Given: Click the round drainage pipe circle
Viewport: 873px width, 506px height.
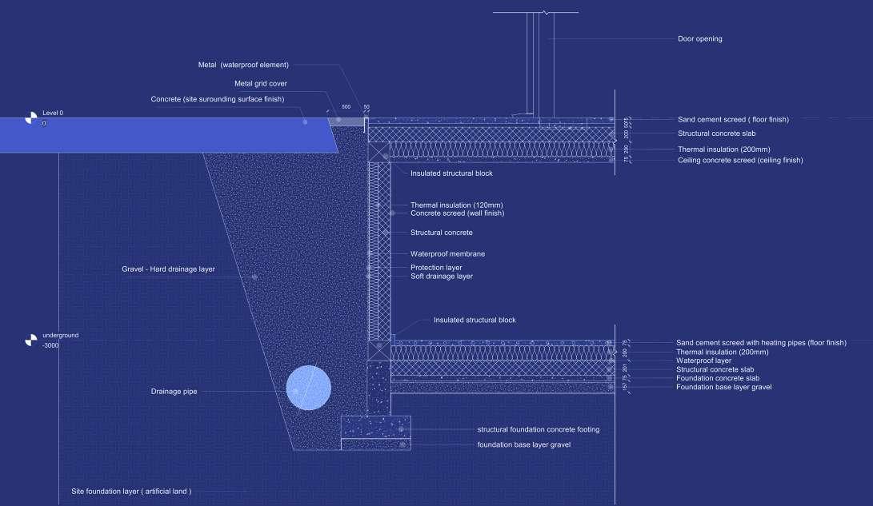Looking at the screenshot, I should tap(309, 388).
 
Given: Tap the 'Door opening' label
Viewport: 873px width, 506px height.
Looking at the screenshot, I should tap(699, 38).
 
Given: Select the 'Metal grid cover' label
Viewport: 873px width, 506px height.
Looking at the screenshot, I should tap(260, 83).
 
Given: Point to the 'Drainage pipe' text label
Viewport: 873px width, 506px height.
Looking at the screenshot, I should tap(174, 392).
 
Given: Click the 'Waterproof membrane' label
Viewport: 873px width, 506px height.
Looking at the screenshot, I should tap(447, 254).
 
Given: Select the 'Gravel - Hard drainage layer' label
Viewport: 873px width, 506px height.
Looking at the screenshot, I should tap(168, 269).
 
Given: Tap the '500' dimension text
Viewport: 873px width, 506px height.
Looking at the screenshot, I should tap(346, 106).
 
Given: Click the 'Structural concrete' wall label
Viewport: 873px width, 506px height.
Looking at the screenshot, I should tap(441, 233).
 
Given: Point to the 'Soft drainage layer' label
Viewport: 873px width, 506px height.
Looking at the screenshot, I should tap(441, 277).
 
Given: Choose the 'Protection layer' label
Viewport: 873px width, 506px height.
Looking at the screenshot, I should tap(436, 268).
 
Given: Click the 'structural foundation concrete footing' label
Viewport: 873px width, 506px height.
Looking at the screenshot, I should tap(538, 429).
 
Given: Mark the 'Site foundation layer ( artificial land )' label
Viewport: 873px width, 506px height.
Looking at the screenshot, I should tap(131, 491).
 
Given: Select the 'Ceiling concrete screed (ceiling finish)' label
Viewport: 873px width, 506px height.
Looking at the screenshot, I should tap(739, 160).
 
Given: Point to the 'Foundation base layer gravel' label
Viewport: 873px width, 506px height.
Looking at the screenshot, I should tap(723, 387).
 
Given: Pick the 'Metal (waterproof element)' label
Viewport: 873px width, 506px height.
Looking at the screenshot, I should tap(243, 65).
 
